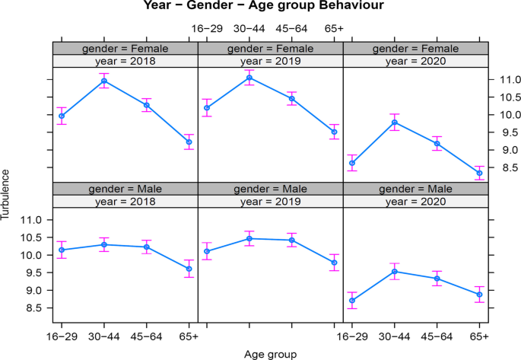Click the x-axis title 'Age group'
point(270,354)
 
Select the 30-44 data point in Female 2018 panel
point(104,81)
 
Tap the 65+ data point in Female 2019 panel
point(334,132)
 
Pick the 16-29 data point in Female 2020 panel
point(352,163)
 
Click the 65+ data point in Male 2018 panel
point(189,269)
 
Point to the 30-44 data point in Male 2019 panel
point(249,239)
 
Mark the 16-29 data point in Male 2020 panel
point(352,300)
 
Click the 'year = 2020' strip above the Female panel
point(415,61)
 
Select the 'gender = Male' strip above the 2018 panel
point(125,188)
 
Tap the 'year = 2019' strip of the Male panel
point(270,201)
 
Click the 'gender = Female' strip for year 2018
point(125,48)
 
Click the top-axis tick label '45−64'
point(291,29)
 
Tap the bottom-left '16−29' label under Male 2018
point(62,336)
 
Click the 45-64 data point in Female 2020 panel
point(437,143)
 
